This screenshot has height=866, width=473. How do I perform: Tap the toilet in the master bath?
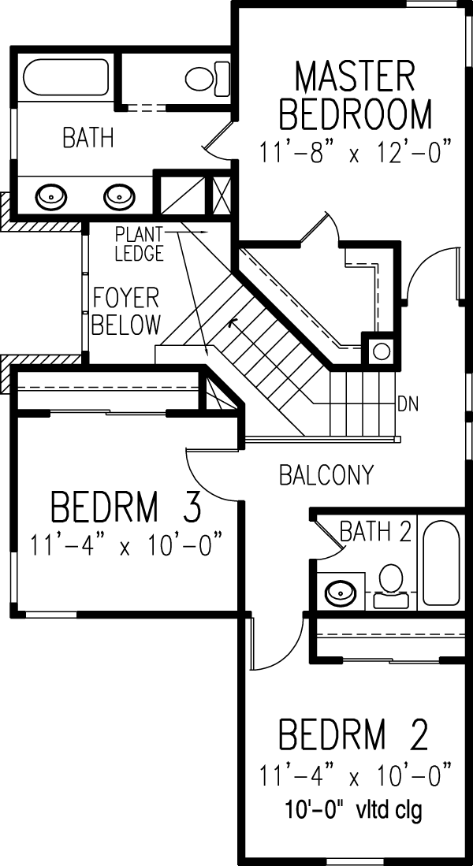point(208,79)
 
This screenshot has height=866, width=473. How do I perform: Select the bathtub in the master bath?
point(65,78)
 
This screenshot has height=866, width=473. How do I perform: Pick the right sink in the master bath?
point(119,195)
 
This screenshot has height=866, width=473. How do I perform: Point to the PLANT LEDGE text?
point(139,243)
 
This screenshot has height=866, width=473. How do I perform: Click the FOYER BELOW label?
point(125,311)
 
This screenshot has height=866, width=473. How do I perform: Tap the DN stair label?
point(408,404)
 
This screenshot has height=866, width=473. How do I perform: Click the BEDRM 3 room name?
point(125,507)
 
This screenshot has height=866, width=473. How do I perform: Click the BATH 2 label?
point(375,531)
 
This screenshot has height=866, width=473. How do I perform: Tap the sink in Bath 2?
point(341,591)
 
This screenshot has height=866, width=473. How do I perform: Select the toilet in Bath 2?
point(392,586)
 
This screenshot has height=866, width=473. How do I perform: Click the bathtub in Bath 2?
point(441,562)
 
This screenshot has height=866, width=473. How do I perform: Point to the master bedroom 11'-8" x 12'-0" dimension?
point(356,151)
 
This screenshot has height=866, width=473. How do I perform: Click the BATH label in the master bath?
point(88,138)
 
